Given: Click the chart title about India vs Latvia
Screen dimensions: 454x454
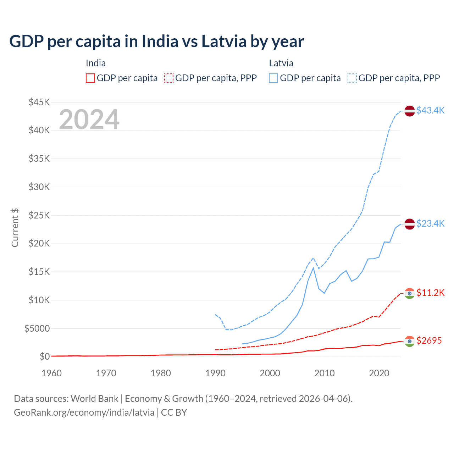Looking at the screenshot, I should pyautogui.click(x=156, y=41).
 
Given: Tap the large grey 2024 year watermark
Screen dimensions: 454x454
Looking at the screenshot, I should pyautogui.click(x=89, y=120).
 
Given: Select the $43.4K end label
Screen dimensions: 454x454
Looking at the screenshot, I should pyautogui.click(x=430, y=110).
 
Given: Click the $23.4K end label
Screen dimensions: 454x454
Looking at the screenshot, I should pyautogui.click(x=430, y=223).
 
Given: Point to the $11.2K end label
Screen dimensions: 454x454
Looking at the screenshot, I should pyautogui.click(x=430, y=293).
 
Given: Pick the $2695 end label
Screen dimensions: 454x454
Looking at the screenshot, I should pyautogui.click(x=429, y=340).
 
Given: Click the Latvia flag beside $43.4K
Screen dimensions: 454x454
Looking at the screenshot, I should pyautogui.click(x=410, y=111).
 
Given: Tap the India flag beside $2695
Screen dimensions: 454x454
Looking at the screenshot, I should pyautogui.click(x=410, y=341).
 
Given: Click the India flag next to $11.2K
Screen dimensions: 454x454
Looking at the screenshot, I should pyautogui.click(x=410, y=293).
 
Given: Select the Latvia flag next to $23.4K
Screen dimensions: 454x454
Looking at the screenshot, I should pyautogui.click(x=410, y=224).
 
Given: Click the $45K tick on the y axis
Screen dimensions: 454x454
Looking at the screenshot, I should pyautogui.click(x=39, y=103).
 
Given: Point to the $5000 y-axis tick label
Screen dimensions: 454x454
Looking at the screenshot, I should pyautogui.click(x=37, y=328).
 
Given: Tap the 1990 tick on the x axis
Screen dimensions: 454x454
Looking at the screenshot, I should pyautogui.click(x=215, y=373).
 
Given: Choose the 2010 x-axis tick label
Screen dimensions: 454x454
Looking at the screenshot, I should pyautogui.click(x=325, y=373).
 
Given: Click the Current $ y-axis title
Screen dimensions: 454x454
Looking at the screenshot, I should pyautogui.click(x=15, y=228).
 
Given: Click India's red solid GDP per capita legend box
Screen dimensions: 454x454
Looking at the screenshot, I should pyautogui.click(x=90, y=78).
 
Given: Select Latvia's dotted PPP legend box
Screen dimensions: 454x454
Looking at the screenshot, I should pyautogui.click(x=352, y=78).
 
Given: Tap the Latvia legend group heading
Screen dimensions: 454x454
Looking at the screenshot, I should pyautogui.click(x=281, y=63).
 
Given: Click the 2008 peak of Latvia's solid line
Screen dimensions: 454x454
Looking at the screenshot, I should pyautogui.click(x=313, y=268).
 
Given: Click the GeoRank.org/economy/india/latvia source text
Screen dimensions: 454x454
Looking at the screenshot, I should pyautogui.click(x=84, y=413).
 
